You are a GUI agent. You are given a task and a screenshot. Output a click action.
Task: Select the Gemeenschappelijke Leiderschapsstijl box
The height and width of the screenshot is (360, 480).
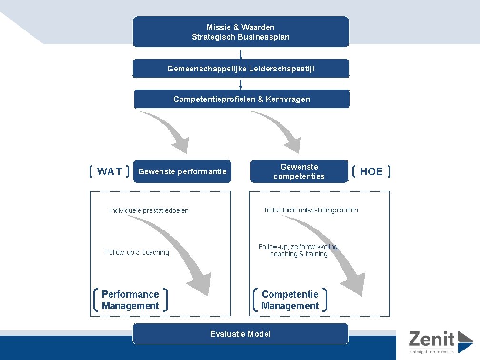coord(240,69)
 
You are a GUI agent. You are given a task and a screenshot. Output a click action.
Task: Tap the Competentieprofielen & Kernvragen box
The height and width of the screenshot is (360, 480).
coord(241,99)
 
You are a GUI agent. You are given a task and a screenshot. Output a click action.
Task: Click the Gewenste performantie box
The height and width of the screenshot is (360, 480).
coord(182,171)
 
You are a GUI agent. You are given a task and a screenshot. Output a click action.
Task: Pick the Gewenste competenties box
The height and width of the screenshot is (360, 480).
coord(299,171)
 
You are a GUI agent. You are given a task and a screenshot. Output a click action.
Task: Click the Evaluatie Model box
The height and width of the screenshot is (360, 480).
coord(240,334)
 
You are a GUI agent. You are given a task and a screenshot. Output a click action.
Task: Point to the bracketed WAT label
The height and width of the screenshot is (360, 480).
coord(110,171)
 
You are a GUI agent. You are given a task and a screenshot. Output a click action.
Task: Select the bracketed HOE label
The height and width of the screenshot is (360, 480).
coord(371,171)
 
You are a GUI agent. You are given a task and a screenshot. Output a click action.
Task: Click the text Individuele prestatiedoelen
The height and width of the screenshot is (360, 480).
coord(149,210)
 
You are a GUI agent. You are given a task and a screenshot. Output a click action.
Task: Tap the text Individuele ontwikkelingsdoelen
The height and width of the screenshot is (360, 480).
coord(311,210)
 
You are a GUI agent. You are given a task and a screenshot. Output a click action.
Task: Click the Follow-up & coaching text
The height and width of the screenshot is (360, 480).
coord(137,252)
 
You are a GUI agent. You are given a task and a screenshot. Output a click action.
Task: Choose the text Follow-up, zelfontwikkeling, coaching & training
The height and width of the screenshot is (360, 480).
coord(299,250)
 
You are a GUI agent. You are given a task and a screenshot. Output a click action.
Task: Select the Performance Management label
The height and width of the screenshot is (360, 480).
coord(130,300)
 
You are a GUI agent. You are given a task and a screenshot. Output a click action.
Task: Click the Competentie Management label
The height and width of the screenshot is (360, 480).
coord(290,300)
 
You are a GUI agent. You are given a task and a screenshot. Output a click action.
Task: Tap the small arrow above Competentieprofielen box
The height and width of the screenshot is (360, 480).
coord(241,84)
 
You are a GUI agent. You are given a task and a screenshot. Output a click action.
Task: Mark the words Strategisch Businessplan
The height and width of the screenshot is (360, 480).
coord(240,37)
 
